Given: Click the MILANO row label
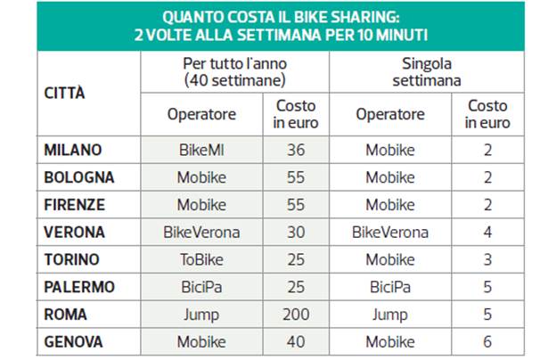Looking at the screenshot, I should pos(73,150).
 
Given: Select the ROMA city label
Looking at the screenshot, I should pos(66,315).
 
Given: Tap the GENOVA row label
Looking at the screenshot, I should pos(74,342).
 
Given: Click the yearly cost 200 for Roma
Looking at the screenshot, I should pos(296,315).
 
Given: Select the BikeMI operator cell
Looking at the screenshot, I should pos(201,150).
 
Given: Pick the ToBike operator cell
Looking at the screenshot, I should pos(201,259).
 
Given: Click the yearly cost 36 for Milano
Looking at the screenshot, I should pos(296,150).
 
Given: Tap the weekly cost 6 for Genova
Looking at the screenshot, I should pos(487,342).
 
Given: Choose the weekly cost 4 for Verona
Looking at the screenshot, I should pos(487,233).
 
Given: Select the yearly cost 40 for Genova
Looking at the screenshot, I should pos(296,342).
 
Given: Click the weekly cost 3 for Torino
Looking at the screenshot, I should pos(487,259).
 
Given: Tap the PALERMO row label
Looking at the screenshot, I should pos(79,287).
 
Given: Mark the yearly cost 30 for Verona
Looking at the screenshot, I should pos(296,233).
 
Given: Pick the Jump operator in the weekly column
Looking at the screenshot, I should pos(390,315).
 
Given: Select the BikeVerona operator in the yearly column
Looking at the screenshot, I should pos(201,233).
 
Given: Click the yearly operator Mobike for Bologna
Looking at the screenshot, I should pos(201,177).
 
